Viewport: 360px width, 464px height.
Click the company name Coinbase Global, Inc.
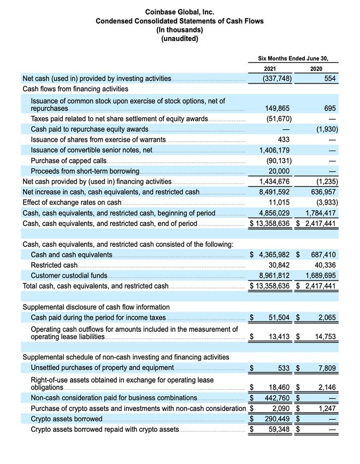[180, 11]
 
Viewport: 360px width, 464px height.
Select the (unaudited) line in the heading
[180, 38]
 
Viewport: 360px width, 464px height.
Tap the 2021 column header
[270, 69]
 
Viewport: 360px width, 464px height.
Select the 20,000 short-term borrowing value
[280, 171]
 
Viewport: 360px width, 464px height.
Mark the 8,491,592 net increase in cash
[276, 192]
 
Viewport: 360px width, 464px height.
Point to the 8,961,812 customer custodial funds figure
[276, 276]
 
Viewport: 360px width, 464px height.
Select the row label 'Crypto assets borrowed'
[67, 419]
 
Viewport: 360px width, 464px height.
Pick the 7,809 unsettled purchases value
[325, 367]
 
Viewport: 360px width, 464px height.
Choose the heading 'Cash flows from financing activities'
[75, 88]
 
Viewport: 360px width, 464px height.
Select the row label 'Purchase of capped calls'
[68, 160]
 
